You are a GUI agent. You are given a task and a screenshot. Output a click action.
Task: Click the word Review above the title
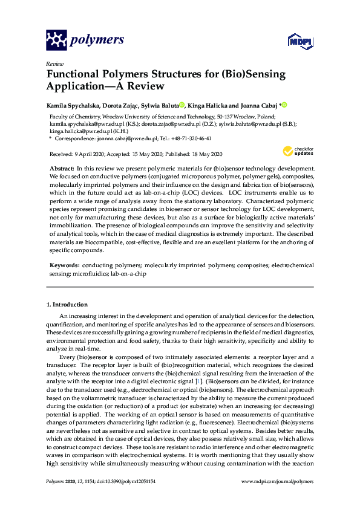pyautogui.click(x=54, y=63)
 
